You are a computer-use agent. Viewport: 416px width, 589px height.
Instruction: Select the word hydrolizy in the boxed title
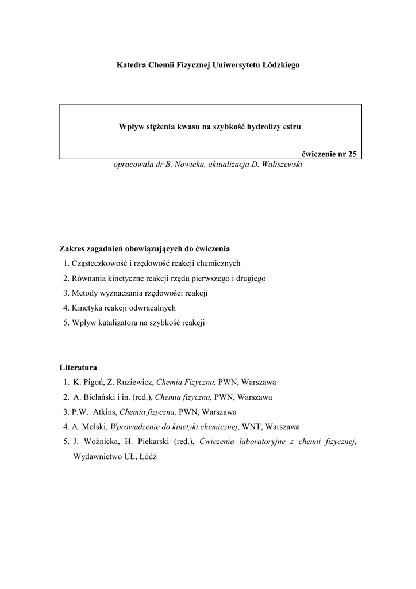[x=257, y=125]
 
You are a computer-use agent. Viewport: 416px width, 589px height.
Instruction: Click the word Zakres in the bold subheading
[x=73, y=249]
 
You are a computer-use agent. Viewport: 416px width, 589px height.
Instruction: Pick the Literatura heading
[x=79, y=367]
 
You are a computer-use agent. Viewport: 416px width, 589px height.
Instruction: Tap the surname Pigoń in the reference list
[x=87, y=382]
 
